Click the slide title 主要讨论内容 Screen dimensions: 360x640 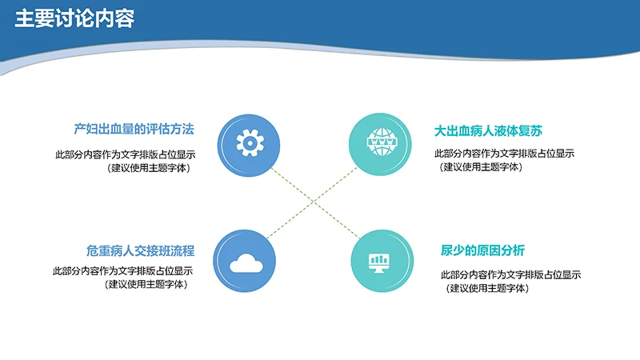point(74,19)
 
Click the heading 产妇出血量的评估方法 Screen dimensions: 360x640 point(134,130)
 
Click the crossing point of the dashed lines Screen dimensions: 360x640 point(313,202)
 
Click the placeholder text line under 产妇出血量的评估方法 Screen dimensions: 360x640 point(124,154)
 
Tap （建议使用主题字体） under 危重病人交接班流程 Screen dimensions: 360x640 point(149,284)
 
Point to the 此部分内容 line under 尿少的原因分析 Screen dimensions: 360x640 point(510,275)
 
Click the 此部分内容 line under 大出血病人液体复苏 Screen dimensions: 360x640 point(504,154)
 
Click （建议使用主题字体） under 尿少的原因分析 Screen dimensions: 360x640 point(488,288)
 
